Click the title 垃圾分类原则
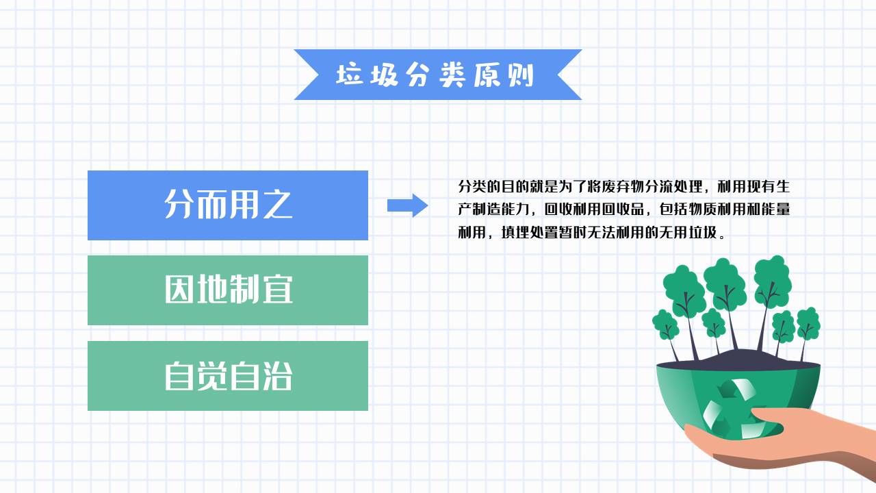coord(435,75)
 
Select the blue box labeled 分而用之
coord(227,205)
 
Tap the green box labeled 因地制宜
coord(227,290)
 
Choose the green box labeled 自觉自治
coord(227,375)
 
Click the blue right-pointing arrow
coord(407,205)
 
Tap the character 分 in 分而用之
coord(179,204)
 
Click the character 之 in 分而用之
coord(277,204)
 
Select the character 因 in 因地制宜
coord(179,290)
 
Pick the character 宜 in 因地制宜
coord(277,290)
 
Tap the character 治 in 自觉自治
coord(277,375)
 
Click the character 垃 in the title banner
coord(349,75)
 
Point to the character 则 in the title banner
coord(521,75)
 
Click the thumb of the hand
coord(766,416)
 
